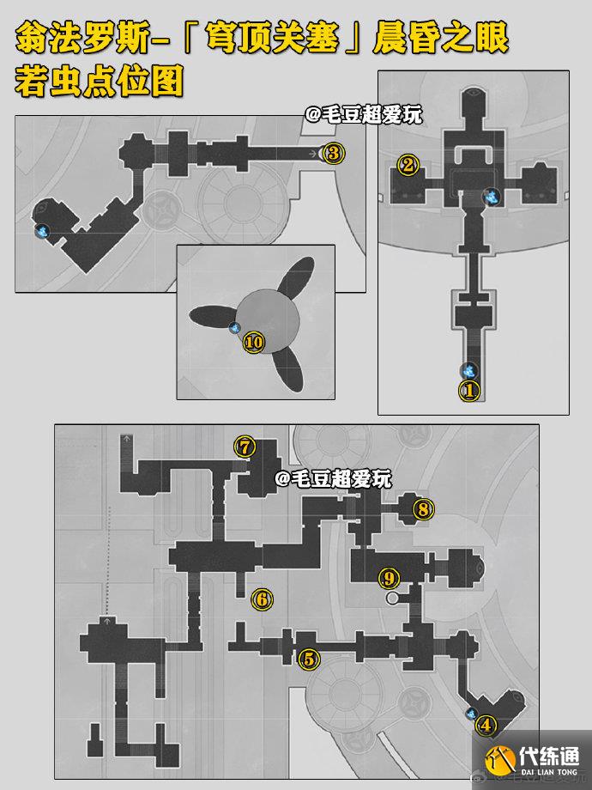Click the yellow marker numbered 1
click(469, 391)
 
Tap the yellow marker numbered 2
click(408, 165)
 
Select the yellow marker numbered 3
click(334, 153)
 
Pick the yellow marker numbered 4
click(486, 726)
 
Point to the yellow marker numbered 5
click(309, 659)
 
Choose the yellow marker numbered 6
click(262, 599)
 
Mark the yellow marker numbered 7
click(245, 447)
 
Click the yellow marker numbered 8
click(423, 509)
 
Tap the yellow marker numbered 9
click(390, 578)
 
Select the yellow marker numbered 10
click(254, 343)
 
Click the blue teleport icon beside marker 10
click(234, 328)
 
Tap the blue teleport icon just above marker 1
click(469, 371)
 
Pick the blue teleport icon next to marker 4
click(472, 713)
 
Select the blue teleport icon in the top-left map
click(43, 232)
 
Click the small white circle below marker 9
click(391, 598)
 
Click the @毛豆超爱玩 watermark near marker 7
click(333, 478)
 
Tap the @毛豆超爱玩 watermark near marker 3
click(364, 115)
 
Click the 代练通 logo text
click(549, 756)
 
